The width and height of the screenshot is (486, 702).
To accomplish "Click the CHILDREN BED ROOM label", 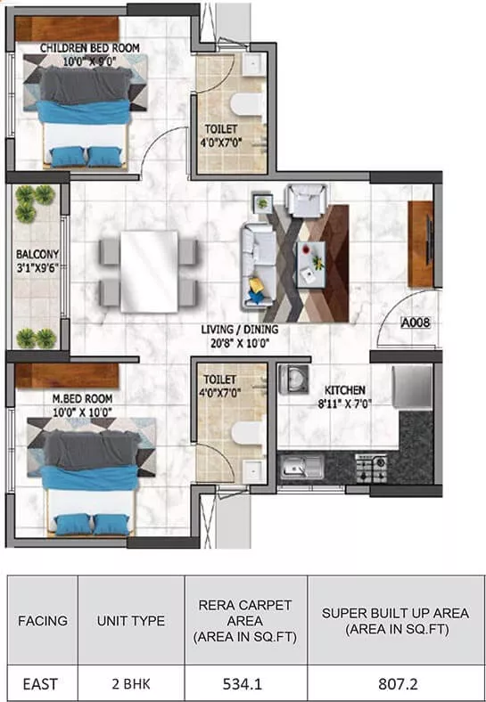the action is (90, 47).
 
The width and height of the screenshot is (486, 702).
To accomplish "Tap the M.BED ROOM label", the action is (82, 398).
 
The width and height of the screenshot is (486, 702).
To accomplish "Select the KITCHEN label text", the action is (345, 390).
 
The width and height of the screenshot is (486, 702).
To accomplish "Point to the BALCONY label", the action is (37, 254).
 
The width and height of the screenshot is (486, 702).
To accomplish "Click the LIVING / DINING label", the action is (239, 330).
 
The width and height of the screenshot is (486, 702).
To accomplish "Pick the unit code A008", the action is (416, 322).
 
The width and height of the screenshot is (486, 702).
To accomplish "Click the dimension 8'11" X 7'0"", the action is (345, 404).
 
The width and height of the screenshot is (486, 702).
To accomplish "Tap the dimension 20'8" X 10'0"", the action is (237, 344).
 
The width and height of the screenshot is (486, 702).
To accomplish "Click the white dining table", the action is (149, 272).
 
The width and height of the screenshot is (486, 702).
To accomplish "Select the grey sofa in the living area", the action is (259, 267).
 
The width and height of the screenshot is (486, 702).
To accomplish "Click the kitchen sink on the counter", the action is (301, 466).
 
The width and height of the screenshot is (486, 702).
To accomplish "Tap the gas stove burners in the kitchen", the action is (371, 468).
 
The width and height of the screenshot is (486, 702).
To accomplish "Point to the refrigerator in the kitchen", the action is (413, 388).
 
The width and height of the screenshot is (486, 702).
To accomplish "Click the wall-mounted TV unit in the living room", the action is (421, 244).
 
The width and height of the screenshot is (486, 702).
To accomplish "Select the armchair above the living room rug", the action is (307, 200).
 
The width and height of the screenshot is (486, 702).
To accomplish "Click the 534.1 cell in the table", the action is (243, 684).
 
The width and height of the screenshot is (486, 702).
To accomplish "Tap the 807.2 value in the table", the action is (398, 684).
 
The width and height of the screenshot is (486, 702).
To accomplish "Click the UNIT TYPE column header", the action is (131, 621).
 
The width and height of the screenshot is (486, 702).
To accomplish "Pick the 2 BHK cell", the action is (131, 684).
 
